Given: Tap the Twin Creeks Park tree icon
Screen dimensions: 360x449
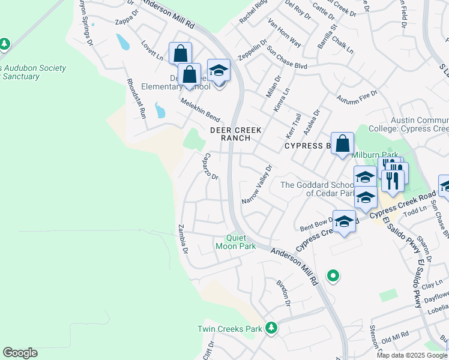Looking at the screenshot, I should pyautogui.click(x=272, y=327).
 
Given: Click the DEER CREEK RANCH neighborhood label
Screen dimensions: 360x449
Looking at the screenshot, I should pyautogui.click(x=230, y=134).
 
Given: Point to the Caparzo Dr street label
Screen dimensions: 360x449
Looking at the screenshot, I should pyautogui.click(x=209, y=166).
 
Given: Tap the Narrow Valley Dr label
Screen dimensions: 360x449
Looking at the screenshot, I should pyautogui.click(x=257, y=184).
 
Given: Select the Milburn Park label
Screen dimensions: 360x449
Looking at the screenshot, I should pyautogui.click(x=376, y=154).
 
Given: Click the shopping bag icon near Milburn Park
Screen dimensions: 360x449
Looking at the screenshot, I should pyautogui.click(x=342, y=143).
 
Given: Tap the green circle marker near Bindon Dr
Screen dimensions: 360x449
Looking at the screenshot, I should pyautogui.click(x=333, y=276).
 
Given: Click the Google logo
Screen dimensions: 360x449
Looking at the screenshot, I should pyautogui.click(x=20, y=353).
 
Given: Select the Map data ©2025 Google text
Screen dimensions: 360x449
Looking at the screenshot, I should pyautogui.click(x=412, y=355).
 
